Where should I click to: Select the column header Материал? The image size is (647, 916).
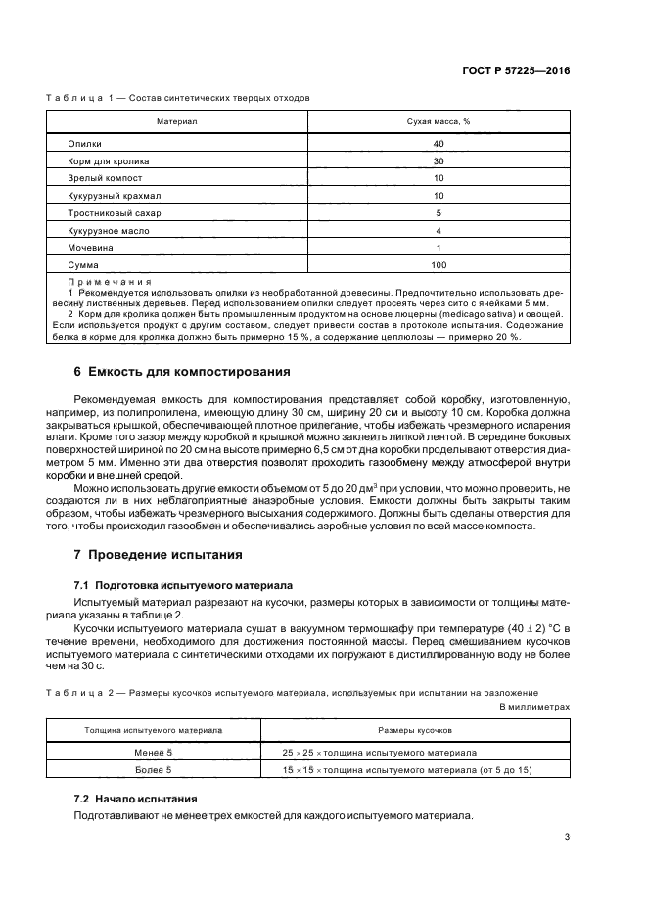pyautogui.click(x=177, y=121)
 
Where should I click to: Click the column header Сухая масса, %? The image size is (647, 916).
pyautogui.click(x=439, y=121)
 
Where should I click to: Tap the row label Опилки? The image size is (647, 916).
pyautogui.click(x=85, y=143)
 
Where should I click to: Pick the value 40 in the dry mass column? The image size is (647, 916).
pyautogui.click(x=439, y=143)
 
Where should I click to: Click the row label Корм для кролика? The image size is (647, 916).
pyautogui.click(x=108, y=160)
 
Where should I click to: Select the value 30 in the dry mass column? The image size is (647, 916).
pyautogui.click(x=439, y=160)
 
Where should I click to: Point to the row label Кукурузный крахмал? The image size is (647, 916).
pyautogui.click(x=114, y=195)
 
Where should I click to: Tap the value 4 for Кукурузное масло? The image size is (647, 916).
pyautogui.click(x=439, y=230)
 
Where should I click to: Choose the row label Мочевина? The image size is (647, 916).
pyautogui.click(x=91, y=248)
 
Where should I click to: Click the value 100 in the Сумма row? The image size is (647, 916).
pyautogui.click(x=439, y=265)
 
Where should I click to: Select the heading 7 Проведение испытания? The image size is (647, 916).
pyautogui.click(x=159, y=555)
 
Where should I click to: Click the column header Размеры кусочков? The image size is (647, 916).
pyautogui.click(x=414, y=730)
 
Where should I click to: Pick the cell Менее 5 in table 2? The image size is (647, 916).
pyautogui.click(x=153, y=752)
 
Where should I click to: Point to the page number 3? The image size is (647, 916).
pyautogui.click(x=567, y=836)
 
